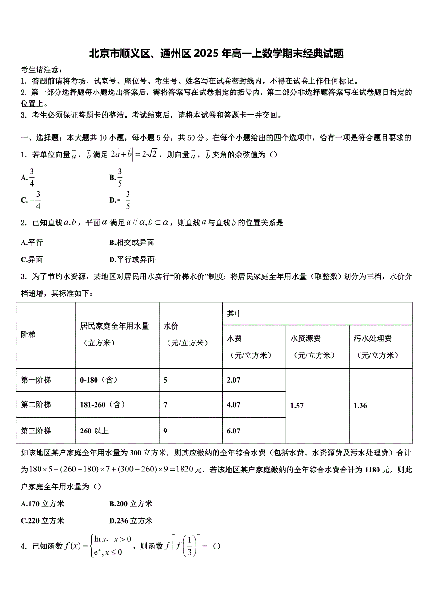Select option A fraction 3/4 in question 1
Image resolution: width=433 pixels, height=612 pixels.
32,177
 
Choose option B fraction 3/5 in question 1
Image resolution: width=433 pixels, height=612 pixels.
120,177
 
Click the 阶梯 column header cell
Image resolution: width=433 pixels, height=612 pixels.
28,335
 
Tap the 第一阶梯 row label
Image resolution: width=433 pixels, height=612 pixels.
36,380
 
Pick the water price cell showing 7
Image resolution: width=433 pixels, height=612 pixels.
165,404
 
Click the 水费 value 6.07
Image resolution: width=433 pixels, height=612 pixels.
233,431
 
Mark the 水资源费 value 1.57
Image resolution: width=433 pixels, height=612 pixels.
297,405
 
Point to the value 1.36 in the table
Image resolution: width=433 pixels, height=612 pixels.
360,405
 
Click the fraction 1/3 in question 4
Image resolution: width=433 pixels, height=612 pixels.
190,546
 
